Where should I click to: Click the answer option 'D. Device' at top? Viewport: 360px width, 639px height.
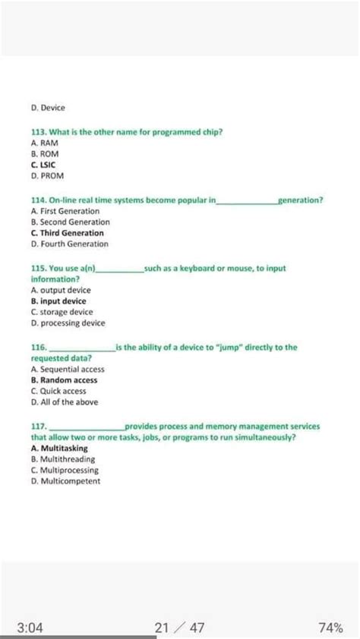coord(49,108)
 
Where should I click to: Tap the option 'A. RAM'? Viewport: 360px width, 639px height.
coord(45,143)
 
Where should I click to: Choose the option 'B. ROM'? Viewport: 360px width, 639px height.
coord(46,153)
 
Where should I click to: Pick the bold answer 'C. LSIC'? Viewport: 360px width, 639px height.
coord(43,164)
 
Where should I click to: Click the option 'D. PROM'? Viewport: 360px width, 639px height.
coord(48,175)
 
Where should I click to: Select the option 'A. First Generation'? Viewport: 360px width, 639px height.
coord(65,210)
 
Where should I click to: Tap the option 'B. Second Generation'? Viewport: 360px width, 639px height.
coord(71,222)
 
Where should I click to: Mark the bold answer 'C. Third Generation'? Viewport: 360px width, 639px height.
coord(68,233)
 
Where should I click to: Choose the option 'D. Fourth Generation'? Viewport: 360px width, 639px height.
coord(70,244)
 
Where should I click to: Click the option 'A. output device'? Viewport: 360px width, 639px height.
coord(61,290)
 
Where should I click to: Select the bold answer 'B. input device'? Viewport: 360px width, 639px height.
coord(58,301)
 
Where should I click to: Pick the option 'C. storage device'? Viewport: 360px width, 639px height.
coord(62,311)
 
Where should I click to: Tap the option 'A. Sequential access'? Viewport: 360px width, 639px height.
coord(68,369)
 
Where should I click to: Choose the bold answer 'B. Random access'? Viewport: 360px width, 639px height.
coord(65,379)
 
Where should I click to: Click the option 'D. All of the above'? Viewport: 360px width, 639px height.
coord(65,401)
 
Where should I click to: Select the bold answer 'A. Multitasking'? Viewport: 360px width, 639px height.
coord(59,449)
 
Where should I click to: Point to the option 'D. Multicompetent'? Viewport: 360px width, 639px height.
coord(65,481)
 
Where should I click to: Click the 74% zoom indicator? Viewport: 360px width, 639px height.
coord(330,628)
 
